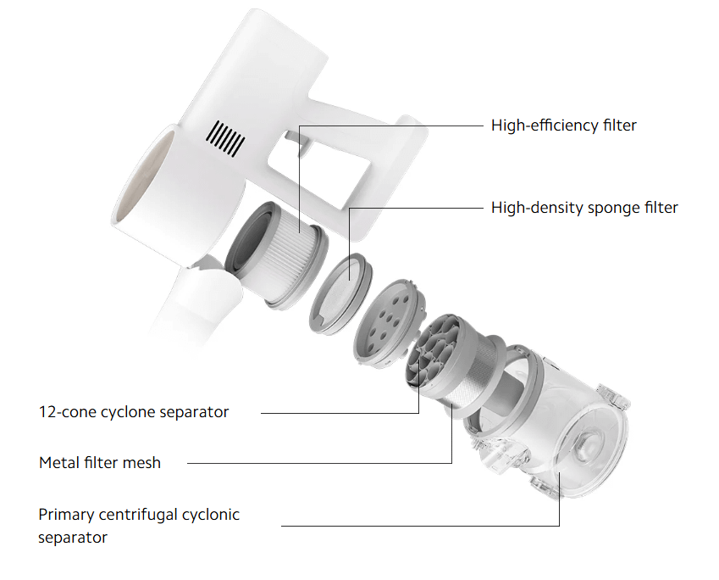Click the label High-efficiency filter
pos(563,125)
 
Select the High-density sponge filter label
pos(584,208)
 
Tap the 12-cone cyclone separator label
pos(134,412)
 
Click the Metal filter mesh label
pos(100,462)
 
